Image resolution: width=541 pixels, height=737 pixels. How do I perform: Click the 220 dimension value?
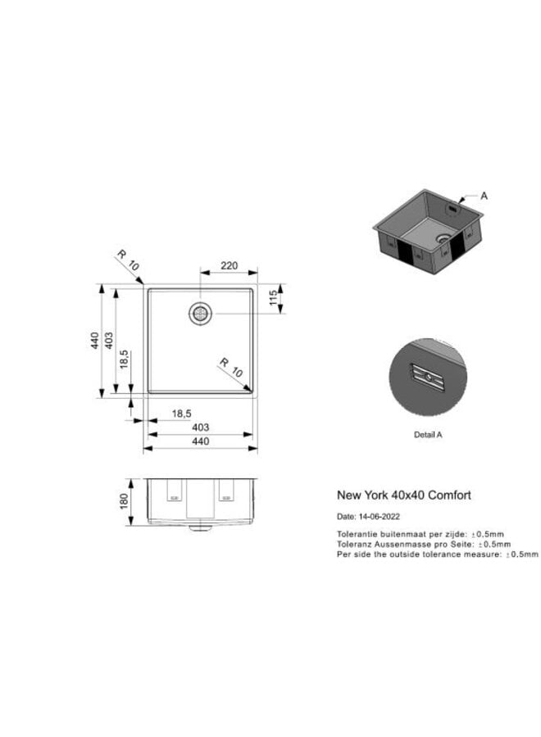[229, 265]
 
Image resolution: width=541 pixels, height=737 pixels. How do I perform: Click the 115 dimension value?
[273, 297]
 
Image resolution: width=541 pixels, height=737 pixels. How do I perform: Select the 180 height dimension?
[124, 501]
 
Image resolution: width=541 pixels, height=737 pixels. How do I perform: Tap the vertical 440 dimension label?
[95, 341]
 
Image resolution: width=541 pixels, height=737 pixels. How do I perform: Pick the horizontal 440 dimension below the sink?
[200, 441]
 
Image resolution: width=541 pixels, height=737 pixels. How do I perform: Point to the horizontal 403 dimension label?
[200, 427]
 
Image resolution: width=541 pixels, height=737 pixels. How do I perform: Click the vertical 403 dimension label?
[109, 341]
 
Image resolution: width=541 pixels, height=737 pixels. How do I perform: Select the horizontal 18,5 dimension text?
[182, 414]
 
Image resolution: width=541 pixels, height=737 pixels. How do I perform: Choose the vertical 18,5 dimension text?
[124, 359]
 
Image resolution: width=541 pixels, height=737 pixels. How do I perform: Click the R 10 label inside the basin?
[231, 368]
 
